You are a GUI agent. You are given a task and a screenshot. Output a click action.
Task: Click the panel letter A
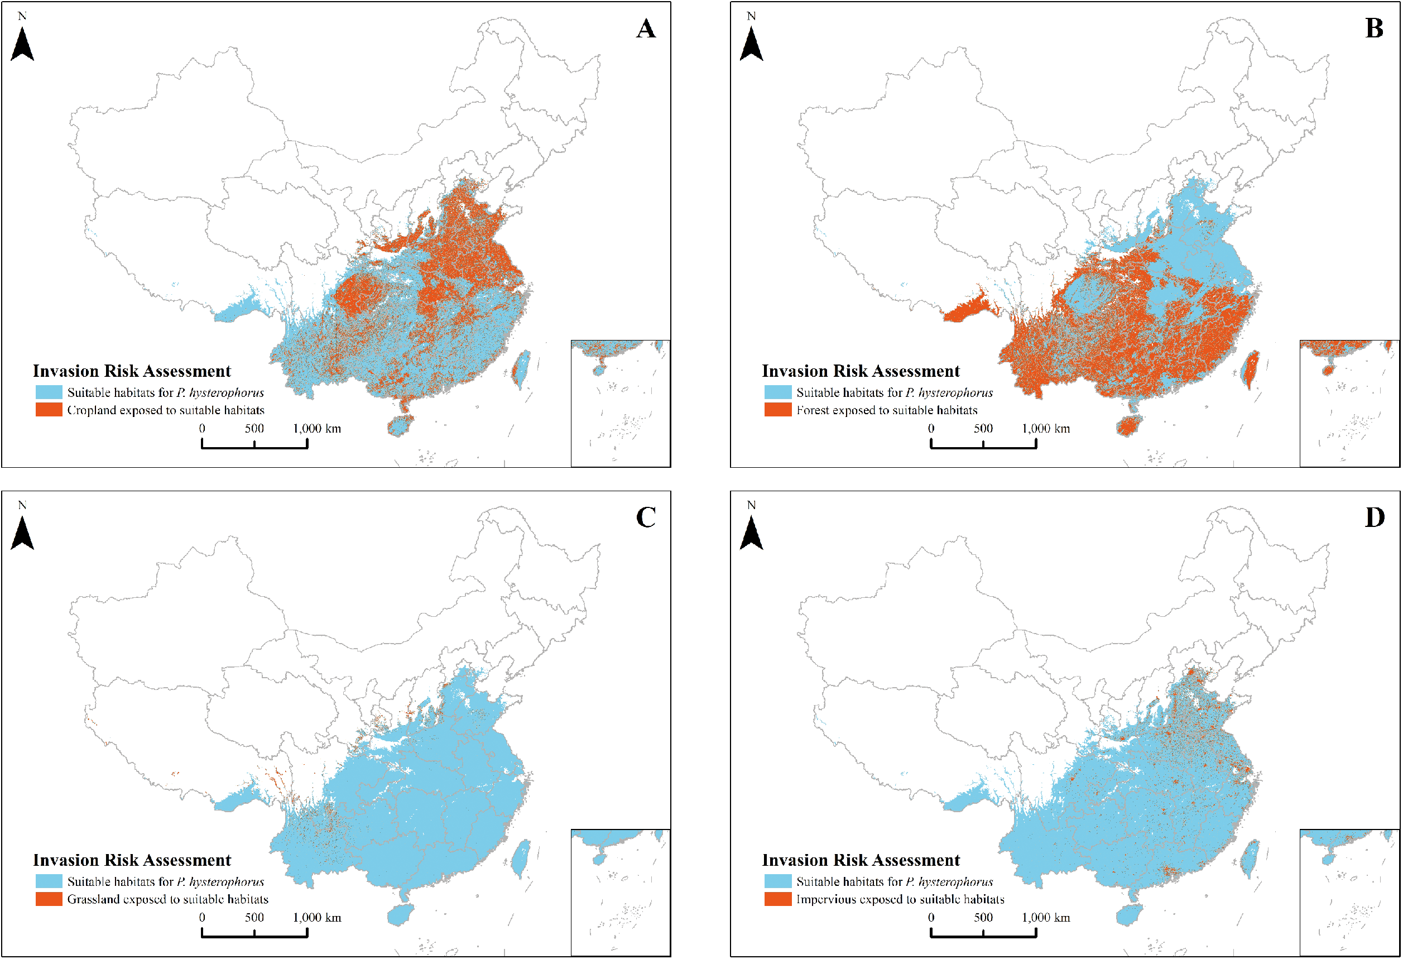point(645,28)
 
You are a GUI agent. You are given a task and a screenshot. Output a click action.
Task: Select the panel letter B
point(1374,28)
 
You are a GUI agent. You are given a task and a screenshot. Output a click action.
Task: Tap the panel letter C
point(645,517)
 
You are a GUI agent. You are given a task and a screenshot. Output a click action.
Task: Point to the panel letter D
point(1375,517)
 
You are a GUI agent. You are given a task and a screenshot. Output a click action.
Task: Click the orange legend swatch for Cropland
point(49,410)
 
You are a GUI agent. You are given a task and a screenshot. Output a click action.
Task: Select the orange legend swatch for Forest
point(777,410)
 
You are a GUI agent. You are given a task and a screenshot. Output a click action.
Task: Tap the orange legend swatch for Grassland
point(49,899)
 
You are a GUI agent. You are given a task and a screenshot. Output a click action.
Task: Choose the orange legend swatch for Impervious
point(777,899)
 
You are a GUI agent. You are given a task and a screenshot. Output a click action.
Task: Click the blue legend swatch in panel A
point(49,392)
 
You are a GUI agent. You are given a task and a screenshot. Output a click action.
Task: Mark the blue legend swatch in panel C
point(49,882)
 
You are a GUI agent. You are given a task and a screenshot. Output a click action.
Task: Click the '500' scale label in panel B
point(983,429)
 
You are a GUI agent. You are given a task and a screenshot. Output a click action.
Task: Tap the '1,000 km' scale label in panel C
point(317,918)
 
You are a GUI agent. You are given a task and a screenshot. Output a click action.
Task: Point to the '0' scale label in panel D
point(931,918)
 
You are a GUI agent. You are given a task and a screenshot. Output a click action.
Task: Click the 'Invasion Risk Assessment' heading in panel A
point(132,371)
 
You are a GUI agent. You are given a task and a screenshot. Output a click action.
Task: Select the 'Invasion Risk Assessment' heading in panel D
point(861,860)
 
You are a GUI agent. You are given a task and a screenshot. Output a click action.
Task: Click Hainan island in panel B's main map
point(1127,426)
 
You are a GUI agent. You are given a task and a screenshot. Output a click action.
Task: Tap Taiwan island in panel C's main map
point(520,857)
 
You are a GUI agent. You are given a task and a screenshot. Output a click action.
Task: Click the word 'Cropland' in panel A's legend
point(91,410)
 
